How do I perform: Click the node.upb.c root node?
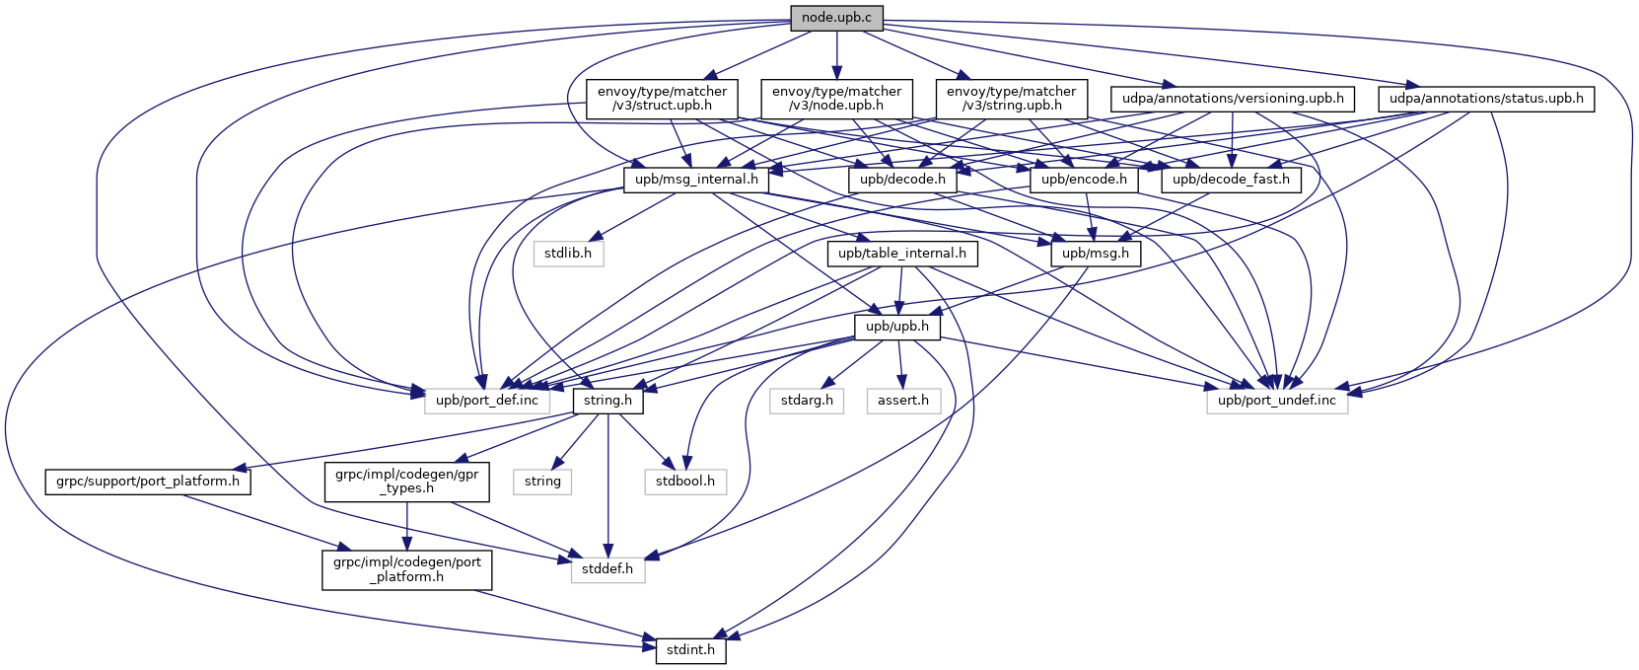pos(836,18)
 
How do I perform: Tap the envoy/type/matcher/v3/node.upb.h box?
pos(836,99)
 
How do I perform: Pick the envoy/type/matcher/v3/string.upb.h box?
pos(1011,99)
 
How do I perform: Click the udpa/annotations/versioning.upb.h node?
pos(1233,99)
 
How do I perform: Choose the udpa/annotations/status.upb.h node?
pos(1486,99)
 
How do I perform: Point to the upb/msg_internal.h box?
pos(696,180)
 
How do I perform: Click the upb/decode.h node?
pos(901,180)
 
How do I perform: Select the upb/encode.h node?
pos(1084,180)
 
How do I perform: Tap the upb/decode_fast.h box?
pos(1232,180)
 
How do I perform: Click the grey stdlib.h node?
pos(568,254)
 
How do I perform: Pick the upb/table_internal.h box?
pos(902,254)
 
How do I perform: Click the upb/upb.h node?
pos(896,327)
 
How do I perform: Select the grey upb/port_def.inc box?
pos(488,400)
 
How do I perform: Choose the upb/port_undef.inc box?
pos(1276,400)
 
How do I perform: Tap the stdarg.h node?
pos(807,400)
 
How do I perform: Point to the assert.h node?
pos(903,400)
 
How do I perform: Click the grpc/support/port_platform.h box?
pos(148,482)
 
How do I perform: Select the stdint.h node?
pos(690,651)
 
